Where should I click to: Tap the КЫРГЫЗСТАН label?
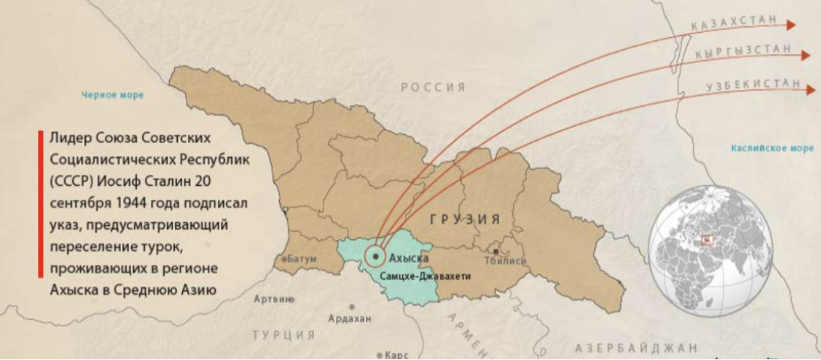click(x=742, y=51)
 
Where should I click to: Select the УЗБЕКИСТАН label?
click(x=753, y=84)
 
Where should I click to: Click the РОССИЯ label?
click(x=432, y=87)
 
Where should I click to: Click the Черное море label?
click(x=113, y=95)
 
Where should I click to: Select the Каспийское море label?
click(x=772, y=148)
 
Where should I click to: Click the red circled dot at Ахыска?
click(x=375, y=256)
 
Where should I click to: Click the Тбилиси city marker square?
click(x=497, y=252)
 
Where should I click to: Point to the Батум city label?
click(x=302, y=259)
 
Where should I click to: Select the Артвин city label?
click(x=271, y=299)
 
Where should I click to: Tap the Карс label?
click(x=395, y=355)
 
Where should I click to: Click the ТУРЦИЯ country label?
click(x=284, y=335)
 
